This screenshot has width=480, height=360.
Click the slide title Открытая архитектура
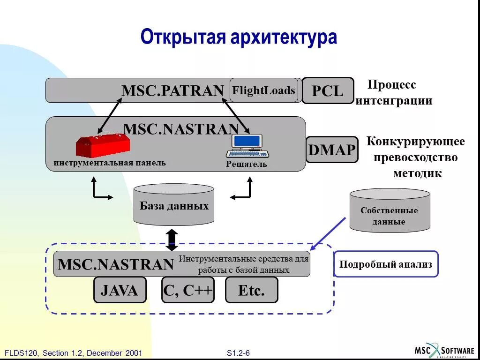coord(239,37)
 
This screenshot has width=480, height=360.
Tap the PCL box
coord(328,90)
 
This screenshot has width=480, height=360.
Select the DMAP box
coord(332,150)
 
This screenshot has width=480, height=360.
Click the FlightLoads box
coord(264,90)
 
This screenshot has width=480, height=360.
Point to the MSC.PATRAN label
coord(172,90)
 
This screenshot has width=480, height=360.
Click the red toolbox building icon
coord(103,145)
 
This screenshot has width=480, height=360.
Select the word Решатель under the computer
coord(247,164)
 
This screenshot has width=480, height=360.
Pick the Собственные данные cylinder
coord(390,211)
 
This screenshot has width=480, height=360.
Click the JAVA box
coord(120,290)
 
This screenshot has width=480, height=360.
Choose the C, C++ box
coord(188,290)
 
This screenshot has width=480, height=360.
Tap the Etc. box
coord(252,290)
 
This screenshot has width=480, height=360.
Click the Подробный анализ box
coord(386,264)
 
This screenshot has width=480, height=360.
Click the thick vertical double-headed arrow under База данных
coord(172,239)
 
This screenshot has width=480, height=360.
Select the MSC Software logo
coord(444,350)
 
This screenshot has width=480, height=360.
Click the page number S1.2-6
coord(239,353)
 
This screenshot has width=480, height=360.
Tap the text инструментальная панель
coord(110,163)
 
